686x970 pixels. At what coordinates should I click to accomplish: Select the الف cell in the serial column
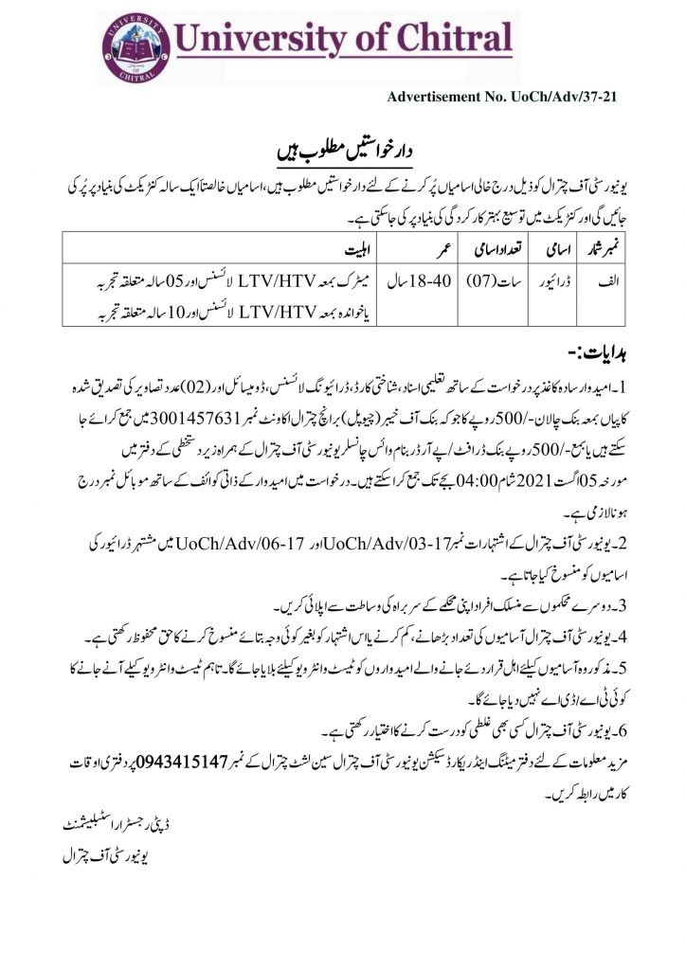(611, 281)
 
